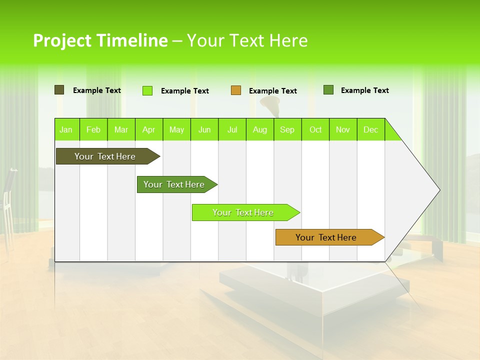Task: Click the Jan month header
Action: [x=66, y=129]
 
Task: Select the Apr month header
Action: [x=149, y=129]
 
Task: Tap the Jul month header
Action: [x=232, y=129]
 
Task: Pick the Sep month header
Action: [x=287, y=129]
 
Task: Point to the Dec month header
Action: [x=370, y=129]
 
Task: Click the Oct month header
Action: [x=315, y=129]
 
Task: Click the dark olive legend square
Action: [x=59, y=90]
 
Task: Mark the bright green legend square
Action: [x=147, y=90]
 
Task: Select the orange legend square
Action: [x=235, y=90]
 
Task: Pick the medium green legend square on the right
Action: [x=328, y=90]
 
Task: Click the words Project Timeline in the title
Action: [x=100, y=40]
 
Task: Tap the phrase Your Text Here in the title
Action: [x=247, y=40]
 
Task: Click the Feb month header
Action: [x=93, y=129]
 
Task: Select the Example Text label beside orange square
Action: [x=272, y=91]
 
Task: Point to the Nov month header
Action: [x=343, y=129]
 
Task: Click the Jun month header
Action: [x=204, y=129]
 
